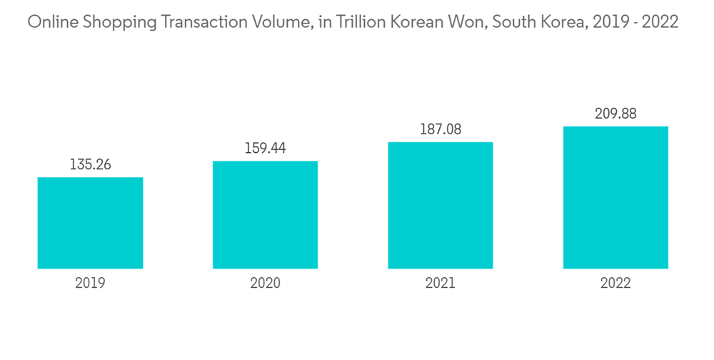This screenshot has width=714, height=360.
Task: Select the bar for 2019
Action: click(90, 223)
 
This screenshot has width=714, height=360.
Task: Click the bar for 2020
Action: click(265, 214)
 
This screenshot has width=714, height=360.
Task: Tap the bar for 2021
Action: click(441, 205)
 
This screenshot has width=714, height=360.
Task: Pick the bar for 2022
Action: click(615, 197)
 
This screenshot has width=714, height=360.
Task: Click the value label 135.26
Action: click(90, 164)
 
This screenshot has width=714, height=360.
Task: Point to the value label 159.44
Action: click(265, 148)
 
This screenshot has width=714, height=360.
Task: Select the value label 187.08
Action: click(441, 129)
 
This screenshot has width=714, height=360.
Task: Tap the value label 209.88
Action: click(615, 114)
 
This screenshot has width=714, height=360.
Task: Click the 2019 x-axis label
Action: click(90, 284)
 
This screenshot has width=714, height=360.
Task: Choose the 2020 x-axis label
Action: click(265, 284)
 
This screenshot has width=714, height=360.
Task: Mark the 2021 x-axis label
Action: click(441, 284)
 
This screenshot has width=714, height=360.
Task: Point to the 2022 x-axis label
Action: click(615, 284)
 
